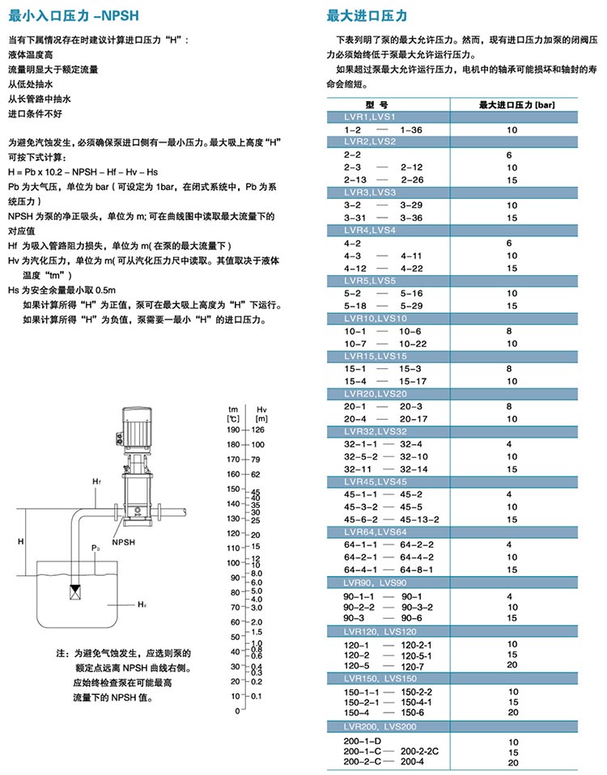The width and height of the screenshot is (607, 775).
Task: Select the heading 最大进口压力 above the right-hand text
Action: (x=367, y=15)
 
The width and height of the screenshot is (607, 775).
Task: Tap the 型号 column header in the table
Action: (x=377, y=105)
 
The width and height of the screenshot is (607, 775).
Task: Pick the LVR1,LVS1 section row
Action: (x=371, y=117)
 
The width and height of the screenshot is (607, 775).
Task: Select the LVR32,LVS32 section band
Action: (x=377, y=433)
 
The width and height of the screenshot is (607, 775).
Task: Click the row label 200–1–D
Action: (x=359, y=741)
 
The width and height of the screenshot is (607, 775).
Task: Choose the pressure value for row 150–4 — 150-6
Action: (x=511, y=712)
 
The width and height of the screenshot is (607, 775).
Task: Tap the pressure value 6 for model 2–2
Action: (x=510, y=154)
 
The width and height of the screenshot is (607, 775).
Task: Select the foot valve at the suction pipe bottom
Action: (x=76, y=589)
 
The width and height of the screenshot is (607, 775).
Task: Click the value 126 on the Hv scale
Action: (x=260, y=430)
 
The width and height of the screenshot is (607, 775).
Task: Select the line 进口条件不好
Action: (x=35, y=113)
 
